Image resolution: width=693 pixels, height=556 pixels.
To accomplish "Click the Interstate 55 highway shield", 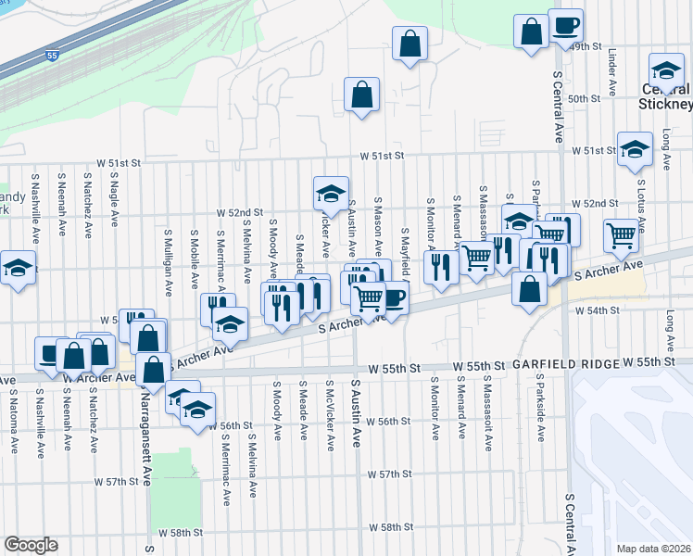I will (53, 56).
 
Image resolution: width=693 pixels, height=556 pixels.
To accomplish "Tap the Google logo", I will (31, 545).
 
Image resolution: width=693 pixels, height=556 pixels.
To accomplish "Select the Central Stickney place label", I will (664, 96).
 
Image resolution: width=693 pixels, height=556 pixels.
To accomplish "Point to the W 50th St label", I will (585, 98).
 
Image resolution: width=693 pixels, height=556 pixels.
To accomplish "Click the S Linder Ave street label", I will (612, 73).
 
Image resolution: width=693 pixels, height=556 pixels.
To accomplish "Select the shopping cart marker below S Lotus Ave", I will (621, 234).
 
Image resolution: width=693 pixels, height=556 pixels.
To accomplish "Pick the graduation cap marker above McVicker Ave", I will (331, 193).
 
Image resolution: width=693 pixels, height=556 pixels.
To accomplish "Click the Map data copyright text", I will (653, 549).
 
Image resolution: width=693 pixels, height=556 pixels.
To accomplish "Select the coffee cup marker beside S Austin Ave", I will (393, 298).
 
